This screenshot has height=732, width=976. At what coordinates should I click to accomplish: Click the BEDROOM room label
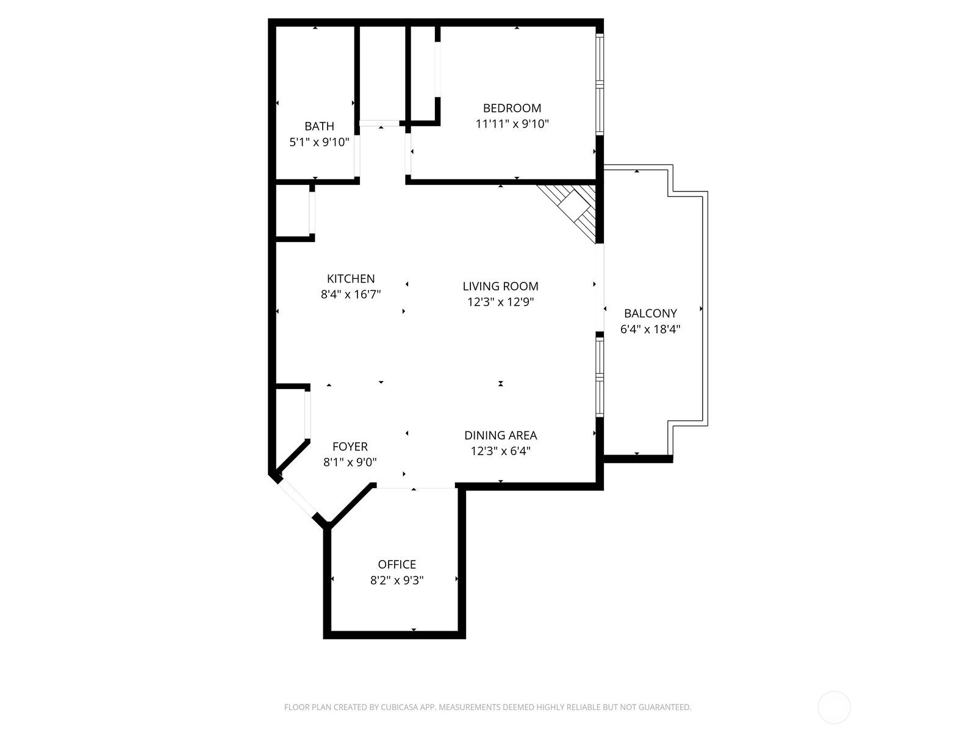pyautogui.click(x=512, y=108)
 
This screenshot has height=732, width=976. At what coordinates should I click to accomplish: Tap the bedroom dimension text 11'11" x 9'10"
pyautogui.click(x=512, y=124)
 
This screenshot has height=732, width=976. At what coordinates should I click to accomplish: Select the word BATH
pyautogui.click(x=319, y=126)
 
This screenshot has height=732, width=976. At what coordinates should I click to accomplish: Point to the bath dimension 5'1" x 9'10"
pyautogui.click(x=319, y=142)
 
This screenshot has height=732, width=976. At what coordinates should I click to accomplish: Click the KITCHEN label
pyautogui.click(x=351, y=279)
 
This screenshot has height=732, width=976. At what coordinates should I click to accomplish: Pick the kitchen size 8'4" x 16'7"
pyautogui.click(x=351, y=294)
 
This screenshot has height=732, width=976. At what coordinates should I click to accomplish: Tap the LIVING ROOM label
pyautogui.click(x=500, y=286)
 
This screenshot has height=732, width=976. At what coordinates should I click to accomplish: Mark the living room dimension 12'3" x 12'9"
pyautogui.click(x=500, y=302)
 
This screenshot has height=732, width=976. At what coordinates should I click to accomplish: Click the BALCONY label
pyautogui.click(x=650, y=314)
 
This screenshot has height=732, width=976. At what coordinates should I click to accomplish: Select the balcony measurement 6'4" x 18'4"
pyautogui.click(x=650, y=329)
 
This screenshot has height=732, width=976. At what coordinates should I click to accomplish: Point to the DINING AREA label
pyautogui.click(x=501, y=436)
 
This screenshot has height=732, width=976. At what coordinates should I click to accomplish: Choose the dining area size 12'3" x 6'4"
pyautogui.click(x=501, y=451)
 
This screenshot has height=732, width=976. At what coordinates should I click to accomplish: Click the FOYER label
pyautogui.click(x=350, y=447)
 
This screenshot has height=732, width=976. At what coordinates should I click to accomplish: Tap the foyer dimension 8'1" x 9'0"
pyautogui.click(x=350, y=462)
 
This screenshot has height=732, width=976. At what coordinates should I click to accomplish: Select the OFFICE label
pyautogui.click(x=396, y=564)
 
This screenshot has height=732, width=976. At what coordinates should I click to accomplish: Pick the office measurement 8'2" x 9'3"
pyautogui.click(x=396, y=581)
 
